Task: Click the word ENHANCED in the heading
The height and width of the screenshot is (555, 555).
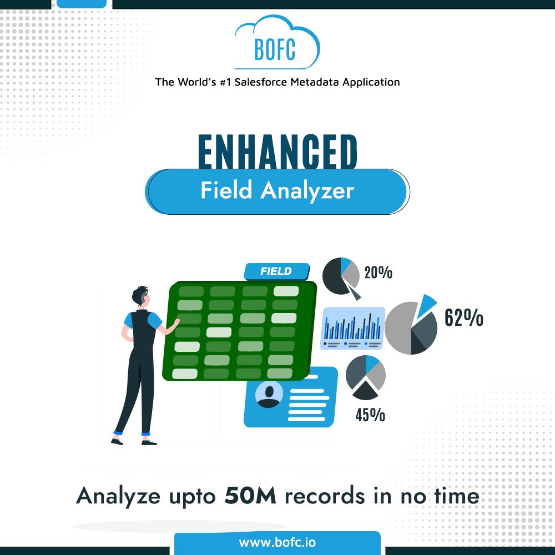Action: [x=277, y=152]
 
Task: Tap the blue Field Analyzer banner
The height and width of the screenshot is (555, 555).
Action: [x=277, y=191]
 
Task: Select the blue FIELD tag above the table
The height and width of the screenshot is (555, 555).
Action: [x=276, y=271]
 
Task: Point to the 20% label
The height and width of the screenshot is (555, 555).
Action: [x=379, y=273]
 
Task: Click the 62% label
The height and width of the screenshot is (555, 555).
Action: [x=463, y=317]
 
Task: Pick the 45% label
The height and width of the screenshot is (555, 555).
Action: [x=370, y=415]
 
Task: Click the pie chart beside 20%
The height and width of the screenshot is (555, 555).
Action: [x=340, y=276]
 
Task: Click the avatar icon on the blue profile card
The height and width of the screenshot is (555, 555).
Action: [x=269, y=394]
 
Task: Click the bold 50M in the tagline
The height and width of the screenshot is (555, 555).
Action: [x=250, y=496]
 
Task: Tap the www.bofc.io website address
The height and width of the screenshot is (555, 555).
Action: [x=277, y=542]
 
